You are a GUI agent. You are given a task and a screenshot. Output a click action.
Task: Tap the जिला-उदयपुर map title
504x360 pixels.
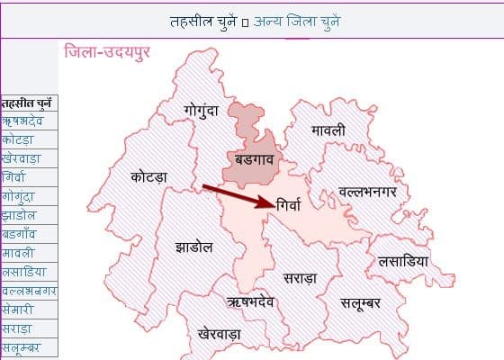coord(107,51)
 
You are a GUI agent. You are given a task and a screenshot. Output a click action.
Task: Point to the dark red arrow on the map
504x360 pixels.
coord(238,195)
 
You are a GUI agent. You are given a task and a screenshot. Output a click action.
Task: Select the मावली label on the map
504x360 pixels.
coord(328,130)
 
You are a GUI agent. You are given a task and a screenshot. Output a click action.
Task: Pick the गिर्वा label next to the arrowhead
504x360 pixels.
coord(294,203)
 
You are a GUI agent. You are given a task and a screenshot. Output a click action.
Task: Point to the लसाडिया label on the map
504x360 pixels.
coord(403,260)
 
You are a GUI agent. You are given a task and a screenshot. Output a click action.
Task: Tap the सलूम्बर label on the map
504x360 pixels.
coord(361,303)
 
